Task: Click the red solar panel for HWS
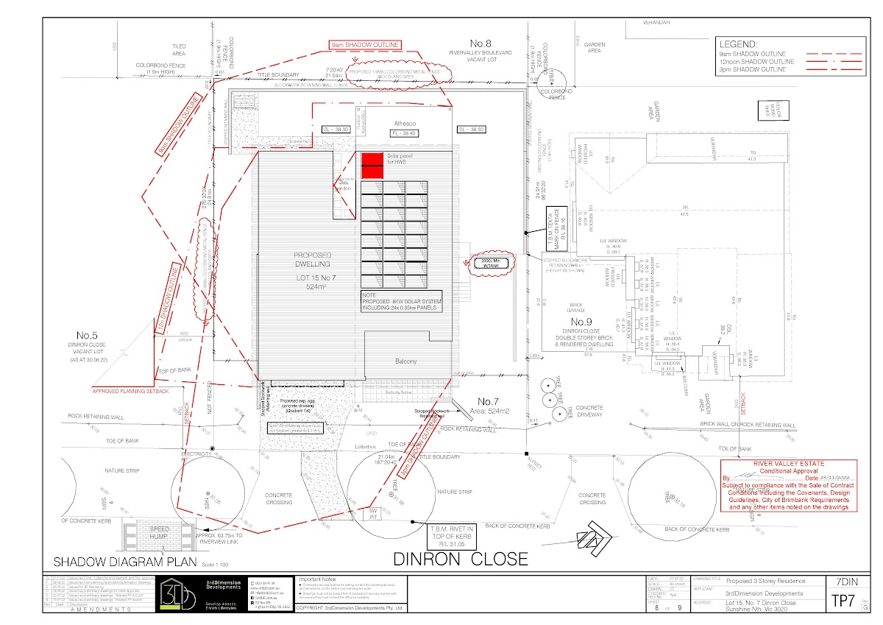tap(372, 163)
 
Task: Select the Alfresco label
tap(406, 123)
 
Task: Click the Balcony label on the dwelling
tap(404, 361)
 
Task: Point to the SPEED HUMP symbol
tap(160, 534)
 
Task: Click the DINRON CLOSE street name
tap(461, 559)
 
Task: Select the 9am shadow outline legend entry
tap(752, 54)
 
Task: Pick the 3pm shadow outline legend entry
tap(752, 69)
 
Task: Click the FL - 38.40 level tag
tap(406, 133)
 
